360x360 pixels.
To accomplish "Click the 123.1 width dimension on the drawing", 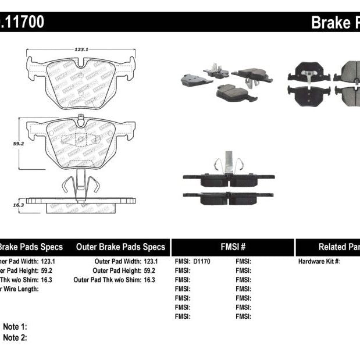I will point(81,50).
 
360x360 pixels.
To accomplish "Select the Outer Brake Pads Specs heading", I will point(120,247).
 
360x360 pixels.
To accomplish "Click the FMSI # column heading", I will point(233,247).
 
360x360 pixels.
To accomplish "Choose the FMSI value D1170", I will point(201,261).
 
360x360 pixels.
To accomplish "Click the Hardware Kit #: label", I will point(319,261).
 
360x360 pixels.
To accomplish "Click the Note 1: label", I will point(15,327).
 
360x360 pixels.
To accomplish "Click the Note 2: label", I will point(15,337).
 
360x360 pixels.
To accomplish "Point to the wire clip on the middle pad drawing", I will point(78,183).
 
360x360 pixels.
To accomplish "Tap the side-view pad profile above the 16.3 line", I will point(81,201).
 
